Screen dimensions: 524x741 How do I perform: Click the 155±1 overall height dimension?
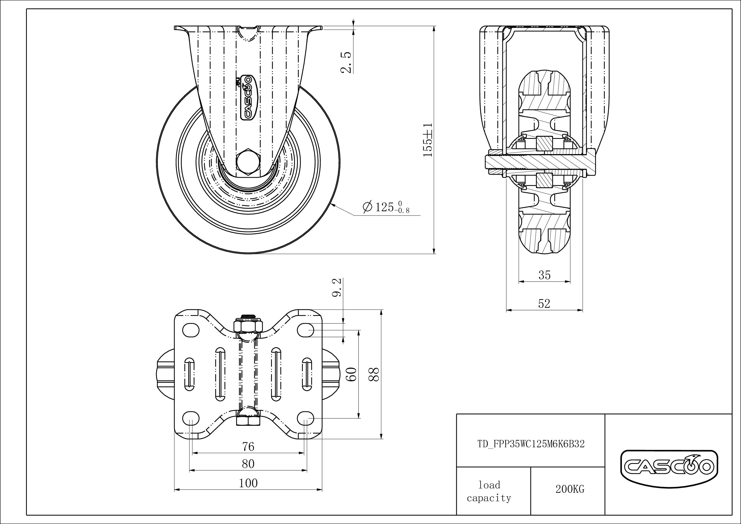pos(428,139)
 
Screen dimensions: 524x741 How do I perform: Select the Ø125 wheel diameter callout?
pos(386,207)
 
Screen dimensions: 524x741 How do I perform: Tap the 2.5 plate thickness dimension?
pos(346,62)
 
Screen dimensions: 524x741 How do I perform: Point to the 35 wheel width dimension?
pos(544,275)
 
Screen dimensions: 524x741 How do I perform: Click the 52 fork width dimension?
pos(544,303)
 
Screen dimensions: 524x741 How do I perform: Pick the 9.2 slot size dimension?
pos(337,288)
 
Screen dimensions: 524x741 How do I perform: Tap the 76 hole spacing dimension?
pos(248,446)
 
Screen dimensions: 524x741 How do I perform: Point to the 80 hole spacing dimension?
pos(248,464)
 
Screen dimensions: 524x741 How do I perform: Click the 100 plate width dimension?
pos(248,483)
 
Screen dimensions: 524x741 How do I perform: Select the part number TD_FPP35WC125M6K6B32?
pos(531,444)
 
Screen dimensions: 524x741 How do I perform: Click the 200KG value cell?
pos(570,489)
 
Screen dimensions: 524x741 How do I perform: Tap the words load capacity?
pos(489,491)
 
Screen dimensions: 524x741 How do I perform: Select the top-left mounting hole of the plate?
pos(191,330)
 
